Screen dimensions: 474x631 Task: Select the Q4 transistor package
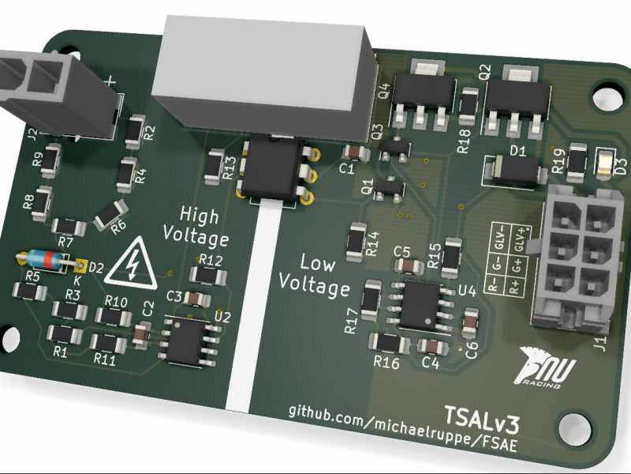click(423, 97)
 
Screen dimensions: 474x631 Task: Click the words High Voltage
click(195, 225)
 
